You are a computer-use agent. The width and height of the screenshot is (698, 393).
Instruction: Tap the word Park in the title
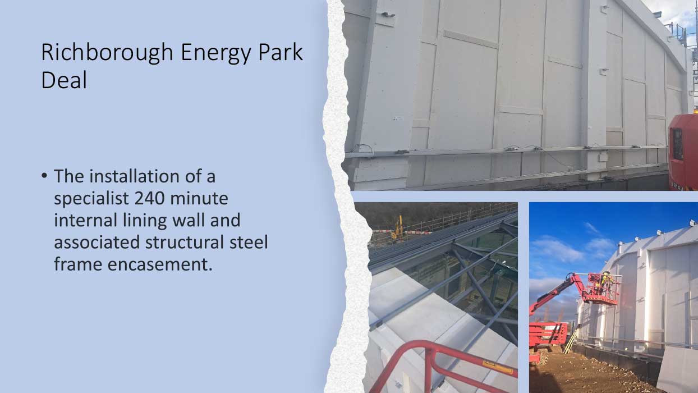(284, 52)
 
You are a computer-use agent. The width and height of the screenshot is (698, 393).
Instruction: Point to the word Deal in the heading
(64, 80)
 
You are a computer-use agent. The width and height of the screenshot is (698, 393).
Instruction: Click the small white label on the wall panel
(397, 118)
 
